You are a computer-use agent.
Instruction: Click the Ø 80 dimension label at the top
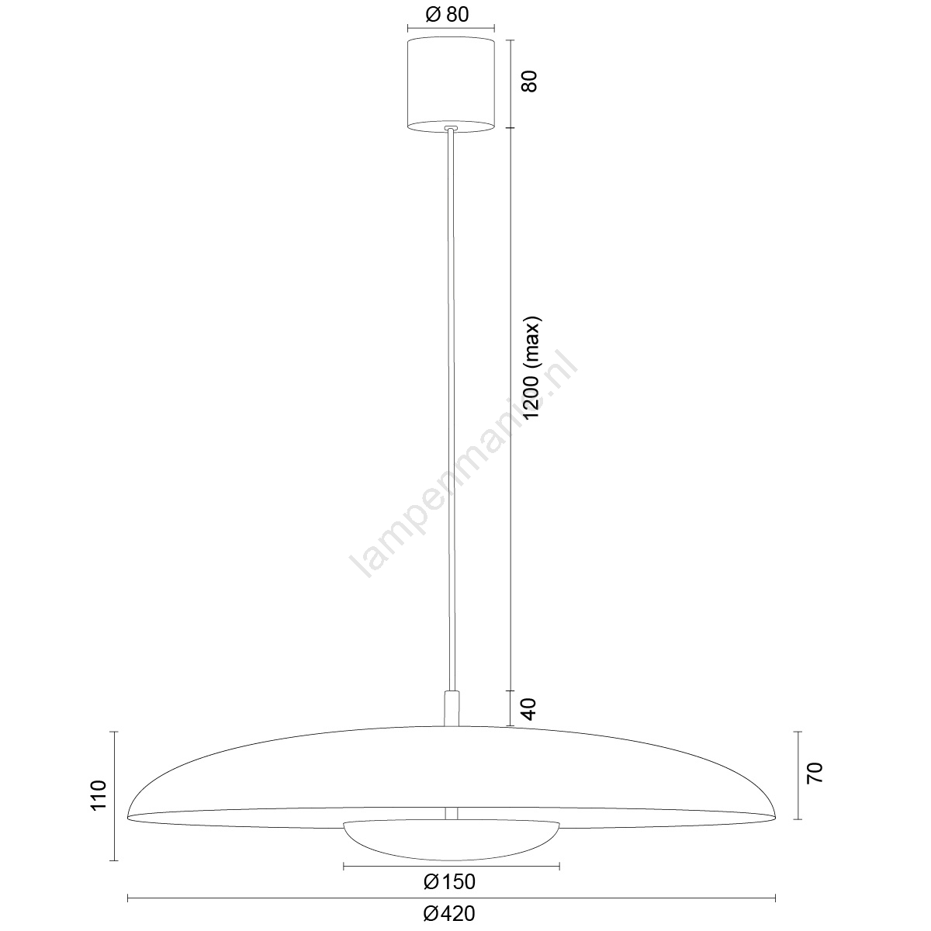[447, 15]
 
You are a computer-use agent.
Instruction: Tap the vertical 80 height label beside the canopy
[530, 81]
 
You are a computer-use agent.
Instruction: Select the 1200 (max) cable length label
[532, 369]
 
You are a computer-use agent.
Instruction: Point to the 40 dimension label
[530, 709]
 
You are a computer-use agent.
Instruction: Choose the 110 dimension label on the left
[99, 795]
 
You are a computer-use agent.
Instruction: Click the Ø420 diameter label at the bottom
[449, 913]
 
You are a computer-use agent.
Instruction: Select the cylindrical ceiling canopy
[451, 85]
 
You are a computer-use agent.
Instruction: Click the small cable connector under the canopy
[452, 129]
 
